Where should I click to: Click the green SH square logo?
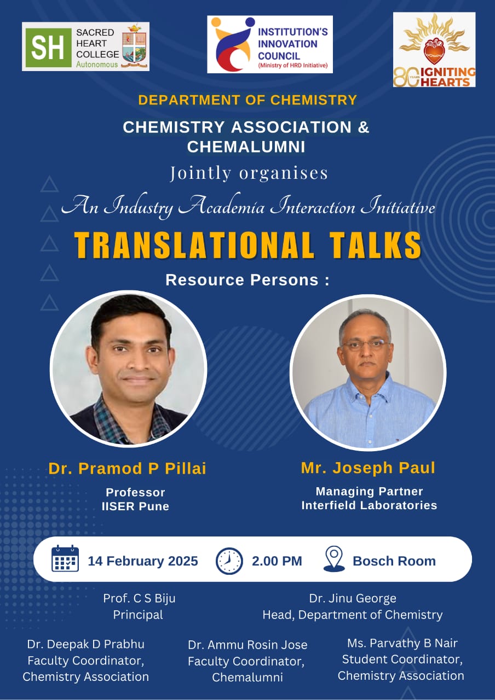click(x=49, y=48)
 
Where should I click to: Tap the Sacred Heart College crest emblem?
click(x=134, y=46)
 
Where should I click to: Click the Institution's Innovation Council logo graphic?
click(x=232, y=44)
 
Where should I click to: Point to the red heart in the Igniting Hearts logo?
click(x=434, y=51)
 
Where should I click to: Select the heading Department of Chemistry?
click(x=248, y=100)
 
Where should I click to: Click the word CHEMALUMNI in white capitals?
click(x=246, y=147)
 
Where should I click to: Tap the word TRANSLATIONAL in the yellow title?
click(x=194, y=245)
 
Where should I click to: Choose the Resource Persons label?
click(x=248, y=279)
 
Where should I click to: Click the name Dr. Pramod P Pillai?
click(x=128, y=469)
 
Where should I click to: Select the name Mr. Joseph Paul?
click(x=368, y=468)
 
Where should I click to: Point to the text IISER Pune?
click(x=135, y=506)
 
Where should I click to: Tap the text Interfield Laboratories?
click(x=369, y=505)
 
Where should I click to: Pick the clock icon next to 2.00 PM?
click(x=229, y=561)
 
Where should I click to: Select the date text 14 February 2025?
click(x=143, y=561)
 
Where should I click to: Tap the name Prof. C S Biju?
click(x=139, y=598)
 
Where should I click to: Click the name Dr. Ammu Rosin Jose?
click(x=248, y=645)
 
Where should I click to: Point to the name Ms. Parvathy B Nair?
click(x=402, y=643)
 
